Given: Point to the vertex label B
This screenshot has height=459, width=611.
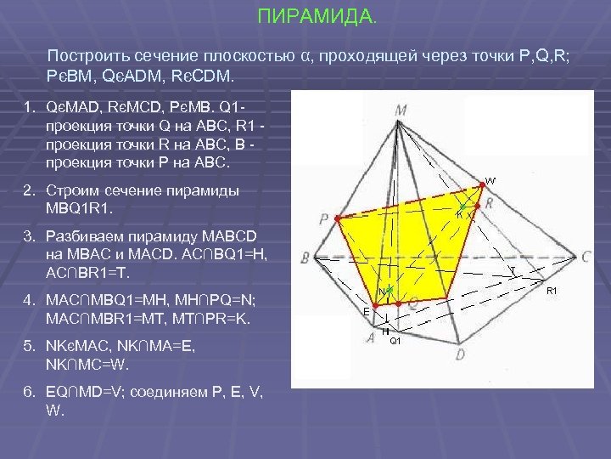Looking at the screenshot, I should [x=305, y=255].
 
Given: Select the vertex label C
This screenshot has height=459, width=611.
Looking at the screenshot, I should [x=587, y=255].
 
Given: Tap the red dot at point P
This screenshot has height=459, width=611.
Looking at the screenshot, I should [x=338, y=219].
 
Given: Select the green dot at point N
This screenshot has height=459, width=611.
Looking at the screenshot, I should [x=390, y=291].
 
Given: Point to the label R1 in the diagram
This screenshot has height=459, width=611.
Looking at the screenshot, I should [x=552, y=292].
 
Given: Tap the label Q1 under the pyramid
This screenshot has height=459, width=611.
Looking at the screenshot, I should [x=395, y=342].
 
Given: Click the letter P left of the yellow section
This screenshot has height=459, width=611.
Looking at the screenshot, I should [x=325, y=219].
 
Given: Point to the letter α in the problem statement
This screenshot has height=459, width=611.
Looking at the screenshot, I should [x=304, y=56].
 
